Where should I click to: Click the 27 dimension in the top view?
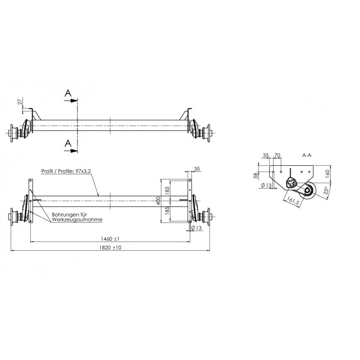(20, 102)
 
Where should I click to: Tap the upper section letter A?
(67, 93)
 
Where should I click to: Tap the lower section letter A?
(67, 143)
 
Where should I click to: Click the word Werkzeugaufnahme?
(76, 220)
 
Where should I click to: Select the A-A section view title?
(308, 155)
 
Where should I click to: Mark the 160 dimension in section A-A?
(327, 172)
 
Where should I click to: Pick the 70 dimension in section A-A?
(277, 156)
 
